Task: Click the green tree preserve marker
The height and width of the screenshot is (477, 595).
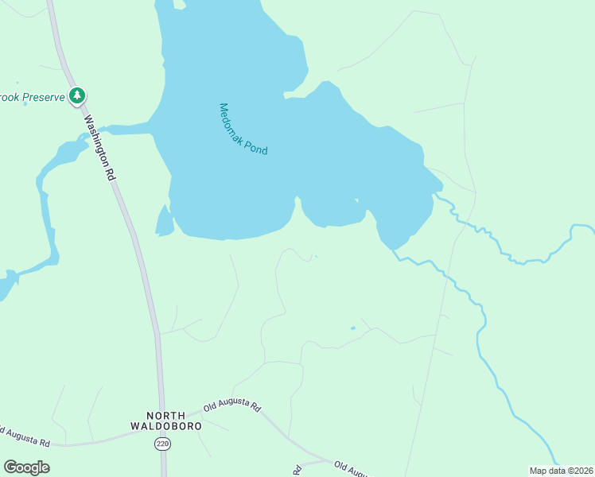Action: click(x=77, y=96)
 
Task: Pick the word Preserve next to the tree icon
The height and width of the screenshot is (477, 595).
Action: click(x=44, y=97)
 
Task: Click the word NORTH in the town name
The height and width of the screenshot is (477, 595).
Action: click(x=166, y=415)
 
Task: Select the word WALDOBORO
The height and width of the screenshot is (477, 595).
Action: click(x=166, y=426)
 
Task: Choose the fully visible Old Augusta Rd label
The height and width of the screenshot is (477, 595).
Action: click(x=232, y=406)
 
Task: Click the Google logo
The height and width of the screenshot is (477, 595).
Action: click(x=26, y=467)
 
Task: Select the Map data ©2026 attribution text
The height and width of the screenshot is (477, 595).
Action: click(x=561, y=471)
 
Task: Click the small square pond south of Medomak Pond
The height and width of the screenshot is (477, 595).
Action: click(x=353, y=328)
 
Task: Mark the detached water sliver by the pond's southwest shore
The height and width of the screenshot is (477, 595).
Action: click(x=165, y=222)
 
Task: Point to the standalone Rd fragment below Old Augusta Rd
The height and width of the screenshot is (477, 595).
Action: click(x=297, y=470)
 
